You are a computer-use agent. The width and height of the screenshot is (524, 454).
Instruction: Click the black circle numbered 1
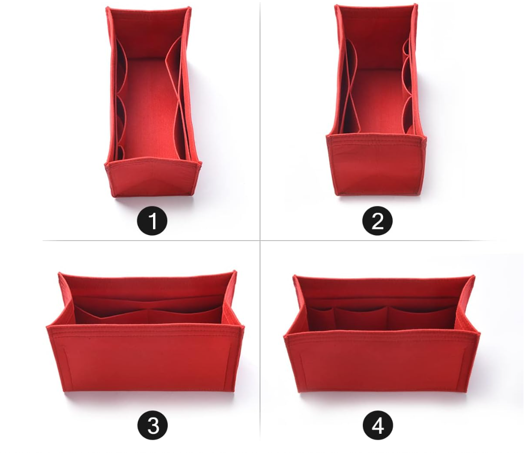pos(152,221)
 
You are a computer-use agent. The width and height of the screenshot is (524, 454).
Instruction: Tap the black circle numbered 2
pos(378,221)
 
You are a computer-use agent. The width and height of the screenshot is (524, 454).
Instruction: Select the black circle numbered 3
pos(153,426)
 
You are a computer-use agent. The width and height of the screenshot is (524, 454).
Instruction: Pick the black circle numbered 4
pos(378,426)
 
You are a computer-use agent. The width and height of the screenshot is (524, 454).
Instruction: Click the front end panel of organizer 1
pos(153,179)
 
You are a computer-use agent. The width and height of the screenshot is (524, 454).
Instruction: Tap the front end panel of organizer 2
pos(377,165)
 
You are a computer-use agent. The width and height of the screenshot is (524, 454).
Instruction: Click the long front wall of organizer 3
pos(146,359)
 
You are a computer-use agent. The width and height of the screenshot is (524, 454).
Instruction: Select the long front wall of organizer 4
pos(382,362)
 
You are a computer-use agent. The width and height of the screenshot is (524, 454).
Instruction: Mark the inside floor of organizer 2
pos(381,100)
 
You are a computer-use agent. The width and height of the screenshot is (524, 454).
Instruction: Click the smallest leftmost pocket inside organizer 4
pos(321,319)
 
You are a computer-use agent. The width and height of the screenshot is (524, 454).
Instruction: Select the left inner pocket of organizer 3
pos(112,316)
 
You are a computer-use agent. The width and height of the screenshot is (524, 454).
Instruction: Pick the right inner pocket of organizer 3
pos(185,316)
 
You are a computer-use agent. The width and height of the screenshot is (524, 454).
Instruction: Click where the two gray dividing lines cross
pos(260,240)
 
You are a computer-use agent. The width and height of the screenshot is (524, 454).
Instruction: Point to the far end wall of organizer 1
pos(149,33)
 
